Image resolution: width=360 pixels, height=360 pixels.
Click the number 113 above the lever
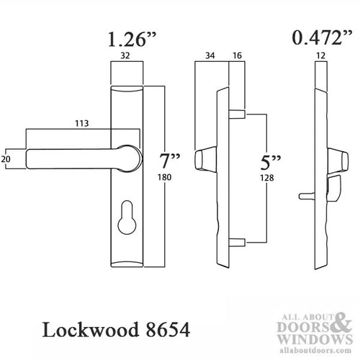coord(81,124)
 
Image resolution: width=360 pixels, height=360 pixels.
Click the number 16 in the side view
coord(235,55)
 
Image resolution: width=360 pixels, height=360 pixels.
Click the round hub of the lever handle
coord(132,158)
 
